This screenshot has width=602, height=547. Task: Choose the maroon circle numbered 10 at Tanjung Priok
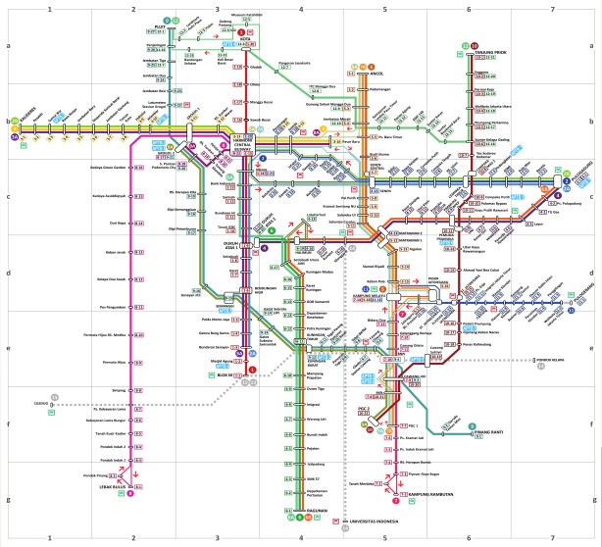click(474, 46)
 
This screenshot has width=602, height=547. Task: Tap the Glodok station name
click(258, 69)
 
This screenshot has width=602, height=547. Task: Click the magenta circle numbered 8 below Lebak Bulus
click(132, 493)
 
